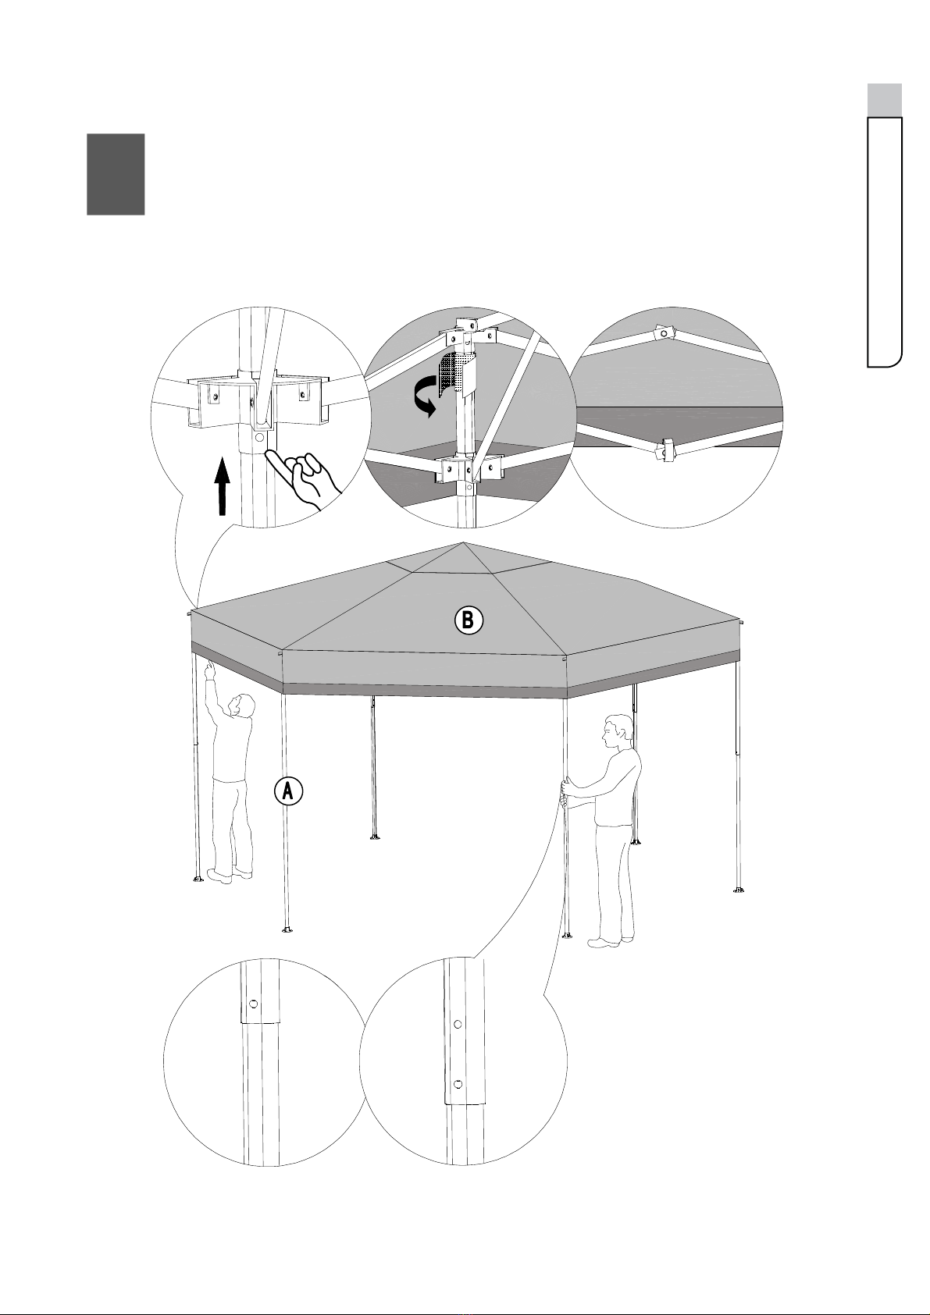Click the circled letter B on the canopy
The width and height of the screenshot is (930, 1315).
469,621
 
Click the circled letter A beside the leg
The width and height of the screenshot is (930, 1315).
288,791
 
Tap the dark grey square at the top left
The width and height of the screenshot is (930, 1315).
116,174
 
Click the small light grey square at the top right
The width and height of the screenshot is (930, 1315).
885,100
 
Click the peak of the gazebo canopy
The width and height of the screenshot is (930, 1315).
464,543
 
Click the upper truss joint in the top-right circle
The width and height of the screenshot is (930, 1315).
665,333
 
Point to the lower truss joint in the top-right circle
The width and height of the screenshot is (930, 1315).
665,450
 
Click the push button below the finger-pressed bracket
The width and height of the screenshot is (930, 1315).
259,437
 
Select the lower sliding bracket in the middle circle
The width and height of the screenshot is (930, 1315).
463,472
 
